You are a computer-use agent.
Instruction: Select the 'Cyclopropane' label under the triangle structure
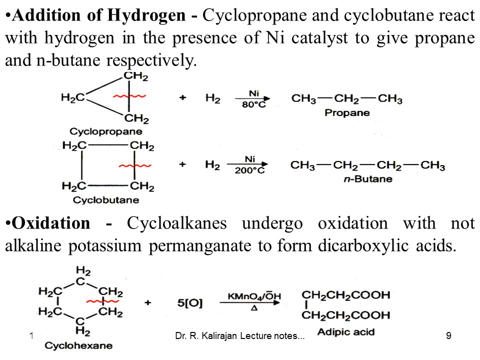[x=105, y=132]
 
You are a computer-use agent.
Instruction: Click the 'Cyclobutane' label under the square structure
[x=106, y=200]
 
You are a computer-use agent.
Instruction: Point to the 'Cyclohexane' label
[x=78, y=345]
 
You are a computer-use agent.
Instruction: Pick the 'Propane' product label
[x=347, y=112]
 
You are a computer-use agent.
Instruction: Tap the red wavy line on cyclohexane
[x=102, y=301]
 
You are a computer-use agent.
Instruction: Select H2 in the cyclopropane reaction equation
[x=212, y=98]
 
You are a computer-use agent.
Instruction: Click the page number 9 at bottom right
[x=448, y=336]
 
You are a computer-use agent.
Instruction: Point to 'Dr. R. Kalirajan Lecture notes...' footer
[x=240, y=336]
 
